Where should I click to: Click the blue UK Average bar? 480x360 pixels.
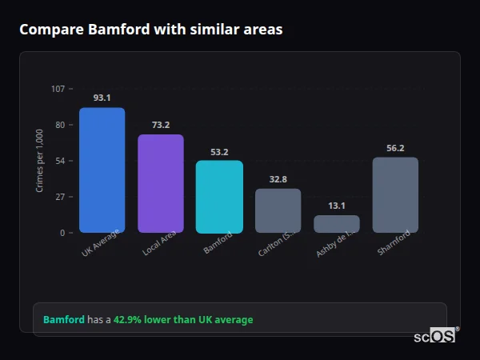click(102, 170)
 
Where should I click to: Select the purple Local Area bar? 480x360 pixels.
click(161, 183)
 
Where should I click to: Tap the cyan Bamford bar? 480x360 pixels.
click(219, 197)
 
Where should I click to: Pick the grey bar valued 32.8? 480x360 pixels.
click(278, 210)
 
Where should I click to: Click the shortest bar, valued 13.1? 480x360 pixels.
click(337, 224)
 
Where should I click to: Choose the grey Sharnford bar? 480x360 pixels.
click(395, 195)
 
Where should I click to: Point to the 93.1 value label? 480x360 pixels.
click(102, 98)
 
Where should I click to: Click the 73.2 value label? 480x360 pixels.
click(161, 125)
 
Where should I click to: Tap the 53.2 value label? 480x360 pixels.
click(219, 151)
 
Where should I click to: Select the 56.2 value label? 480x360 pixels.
click(395, 148)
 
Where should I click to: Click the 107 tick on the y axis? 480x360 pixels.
click(58, 89)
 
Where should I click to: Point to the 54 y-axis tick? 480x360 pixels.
click(60, 161)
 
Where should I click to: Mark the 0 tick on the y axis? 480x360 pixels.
click(62, 233)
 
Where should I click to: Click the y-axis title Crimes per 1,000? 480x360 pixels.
click(40, 160)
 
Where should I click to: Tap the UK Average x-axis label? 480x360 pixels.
click(101, 243)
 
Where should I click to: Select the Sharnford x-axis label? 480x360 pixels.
click(394, 242)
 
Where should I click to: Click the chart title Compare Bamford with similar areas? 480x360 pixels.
click(150, 30)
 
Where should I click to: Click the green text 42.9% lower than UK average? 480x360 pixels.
click(183, 320)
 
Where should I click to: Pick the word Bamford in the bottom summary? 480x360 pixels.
click(63, 320)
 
